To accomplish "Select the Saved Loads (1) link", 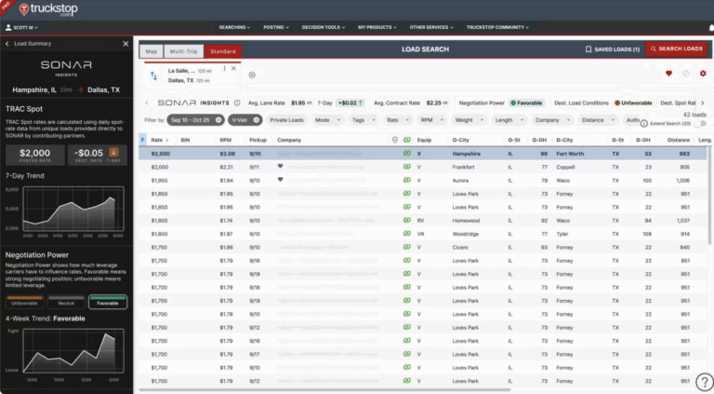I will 612,48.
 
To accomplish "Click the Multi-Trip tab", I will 183,51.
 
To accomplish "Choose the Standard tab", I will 222,51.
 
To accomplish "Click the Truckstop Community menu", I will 498,27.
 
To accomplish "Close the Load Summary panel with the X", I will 126,44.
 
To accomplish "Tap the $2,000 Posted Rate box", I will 35,154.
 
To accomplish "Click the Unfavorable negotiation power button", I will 25,302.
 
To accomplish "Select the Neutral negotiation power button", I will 66,302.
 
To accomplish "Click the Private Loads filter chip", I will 286,120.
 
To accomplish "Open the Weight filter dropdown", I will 467,120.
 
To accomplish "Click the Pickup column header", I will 258,140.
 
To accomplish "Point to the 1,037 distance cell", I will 683,220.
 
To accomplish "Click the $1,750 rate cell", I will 160,247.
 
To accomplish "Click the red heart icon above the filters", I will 668,74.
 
